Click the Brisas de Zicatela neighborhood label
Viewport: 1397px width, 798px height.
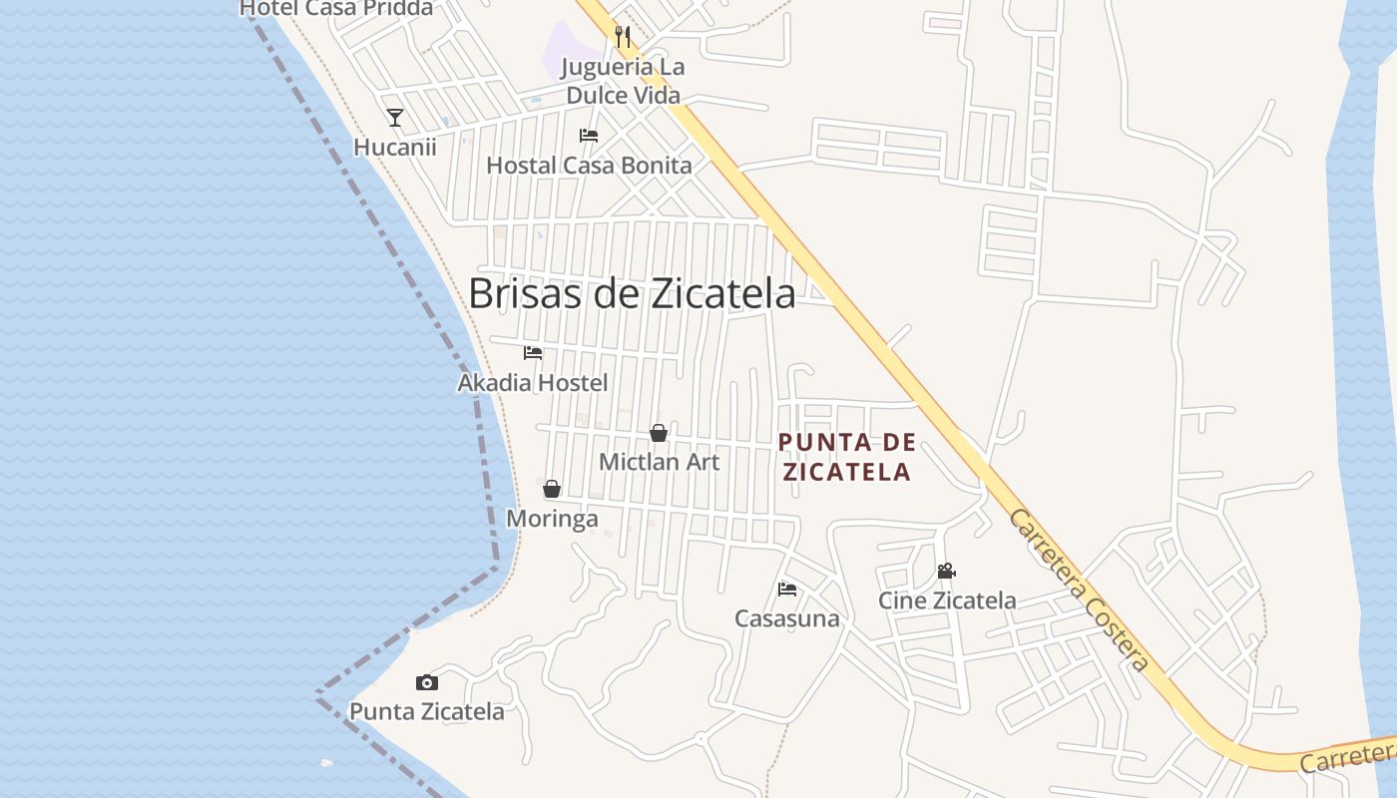click(632, 293)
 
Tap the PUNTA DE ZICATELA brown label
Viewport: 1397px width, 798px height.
click(846, 457)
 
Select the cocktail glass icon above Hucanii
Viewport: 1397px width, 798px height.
click(395, 118)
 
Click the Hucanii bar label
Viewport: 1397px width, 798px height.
click(395, 148)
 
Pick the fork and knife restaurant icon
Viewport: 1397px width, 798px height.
click(624, 37)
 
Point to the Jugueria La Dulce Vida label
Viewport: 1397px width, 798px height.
click(623, 82)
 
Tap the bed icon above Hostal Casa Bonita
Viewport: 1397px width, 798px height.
click(589, 136)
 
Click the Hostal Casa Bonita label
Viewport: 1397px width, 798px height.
click(589, 166)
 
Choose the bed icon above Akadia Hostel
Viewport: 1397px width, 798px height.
click(533, 353)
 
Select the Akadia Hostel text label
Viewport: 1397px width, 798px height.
click(533, 383)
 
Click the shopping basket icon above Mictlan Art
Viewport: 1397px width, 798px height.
click(659, 433)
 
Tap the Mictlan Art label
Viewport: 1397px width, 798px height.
click(659, 462)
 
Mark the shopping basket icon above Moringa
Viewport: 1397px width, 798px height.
click(552, 489)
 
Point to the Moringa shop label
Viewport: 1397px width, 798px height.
click(552, 519)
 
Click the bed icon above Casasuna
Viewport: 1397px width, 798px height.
click(787, 590)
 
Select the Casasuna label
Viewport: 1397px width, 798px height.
click(787, 619)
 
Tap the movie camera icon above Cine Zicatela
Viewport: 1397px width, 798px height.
click(946, 572)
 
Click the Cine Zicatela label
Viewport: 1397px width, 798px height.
click(947, 600)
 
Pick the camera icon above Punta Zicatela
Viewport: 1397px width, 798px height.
click(427, 683)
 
